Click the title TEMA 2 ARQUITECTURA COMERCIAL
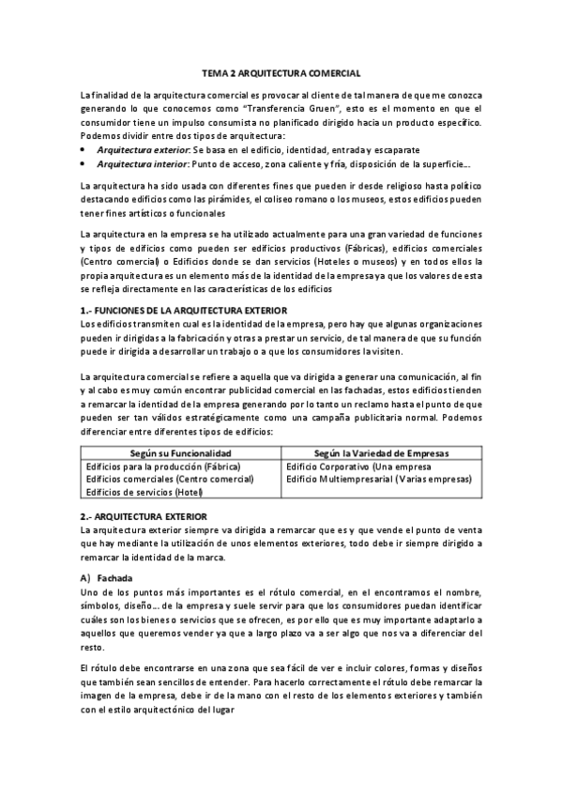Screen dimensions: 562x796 pos(281,72)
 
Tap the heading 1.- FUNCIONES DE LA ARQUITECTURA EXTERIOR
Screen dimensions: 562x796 pos(184,311)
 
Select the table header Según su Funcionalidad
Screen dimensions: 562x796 pos(180,452)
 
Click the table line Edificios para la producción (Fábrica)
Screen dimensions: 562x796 pos(163,466)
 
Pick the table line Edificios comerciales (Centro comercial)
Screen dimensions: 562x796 pos(170,479)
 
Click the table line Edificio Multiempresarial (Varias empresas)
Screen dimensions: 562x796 pos(379,479)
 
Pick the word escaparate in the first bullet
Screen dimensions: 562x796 pos(394,149)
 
